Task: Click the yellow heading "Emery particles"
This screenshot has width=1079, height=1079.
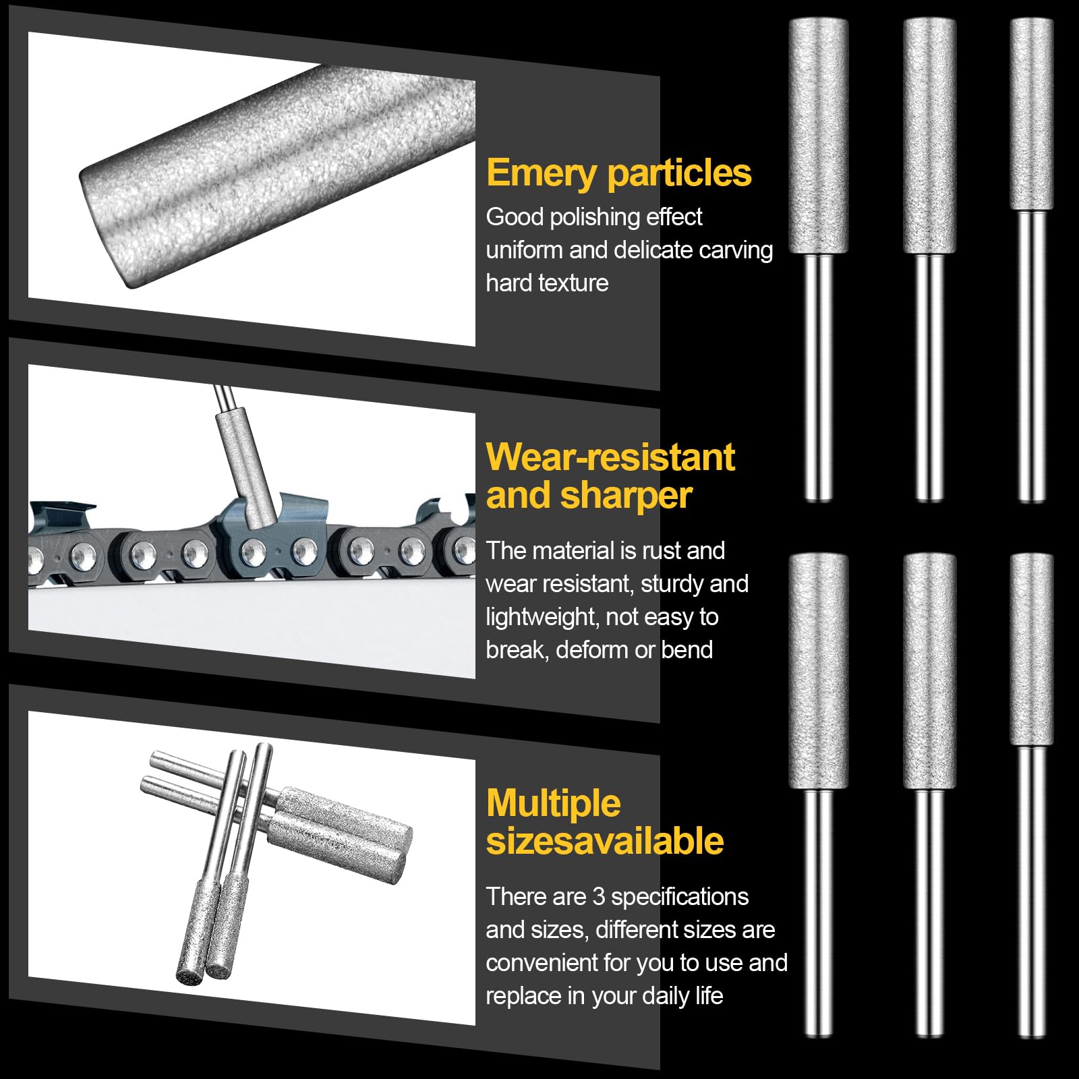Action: point(618,173)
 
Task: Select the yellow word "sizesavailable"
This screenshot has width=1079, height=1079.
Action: point(605,841)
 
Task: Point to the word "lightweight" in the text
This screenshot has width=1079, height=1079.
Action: point(542,617)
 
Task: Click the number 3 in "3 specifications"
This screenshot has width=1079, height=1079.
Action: point(599,897)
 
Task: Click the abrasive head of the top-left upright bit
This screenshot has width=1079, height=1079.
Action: point(819,136)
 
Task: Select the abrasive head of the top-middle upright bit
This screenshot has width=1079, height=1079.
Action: point(929,136)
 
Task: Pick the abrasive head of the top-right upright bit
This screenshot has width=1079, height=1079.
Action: point(1032,114)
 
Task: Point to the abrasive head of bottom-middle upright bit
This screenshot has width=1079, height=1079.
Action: point(929,671)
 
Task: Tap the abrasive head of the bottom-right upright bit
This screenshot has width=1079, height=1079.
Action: point(1032,649)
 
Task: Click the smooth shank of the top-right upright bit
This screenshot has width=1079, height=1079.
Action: point(1032,356)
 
